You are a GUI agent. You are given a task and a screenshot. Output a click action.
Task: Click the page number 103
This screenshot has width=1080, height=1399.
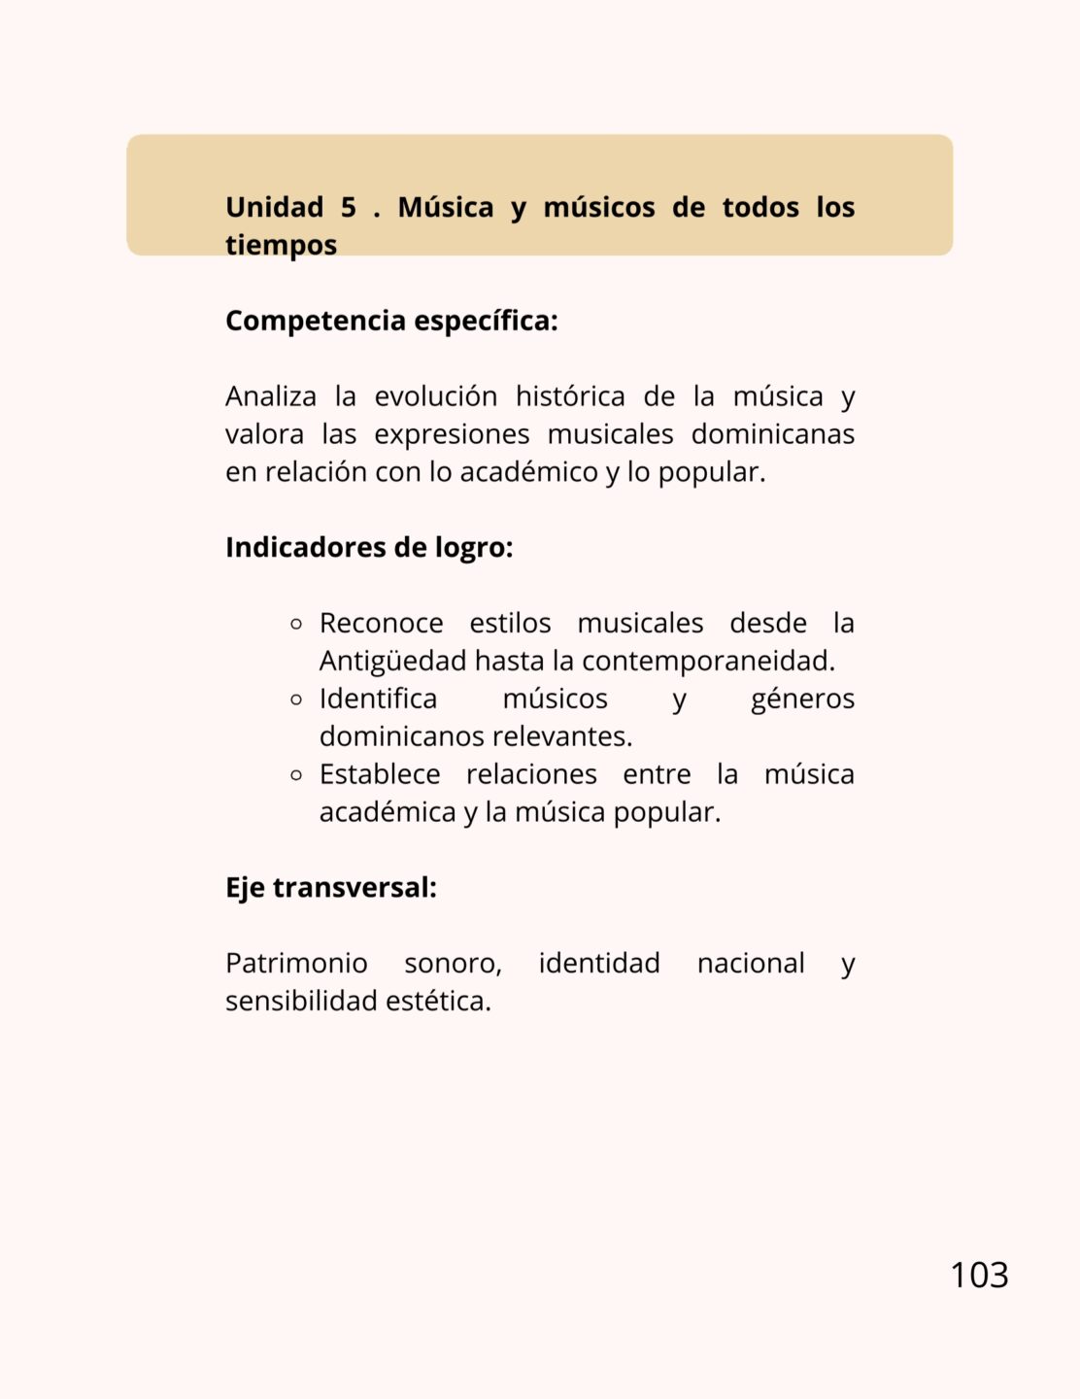979,1275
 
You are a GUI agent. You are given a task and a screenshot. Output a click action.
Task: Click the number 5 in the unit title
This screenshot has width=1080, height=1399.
348,207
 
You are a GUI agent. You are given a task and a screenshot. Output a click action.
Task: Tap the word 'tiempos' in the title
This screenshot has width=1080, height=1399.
281,245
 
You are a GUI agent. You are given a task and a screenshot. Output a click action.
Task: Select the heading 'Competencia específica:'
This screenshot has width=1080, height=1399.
391,321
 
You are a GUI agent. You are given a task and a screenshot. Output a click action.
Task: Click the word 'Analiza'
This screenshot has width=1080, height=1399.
271,396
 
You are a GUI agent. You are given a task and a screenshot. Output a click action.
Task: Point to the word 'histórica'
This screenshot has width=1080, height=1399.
570,396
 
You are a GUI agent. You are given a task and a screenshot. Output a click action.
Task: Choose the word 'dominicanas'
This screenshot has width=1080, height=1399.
772,434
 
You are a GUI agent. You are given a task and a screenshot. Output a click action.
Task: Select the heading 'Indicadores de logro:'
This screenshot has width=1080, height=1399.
369,548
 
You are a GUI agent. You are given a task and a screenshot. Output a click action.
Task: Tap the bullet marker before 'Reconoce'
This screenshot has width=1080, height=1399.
297,624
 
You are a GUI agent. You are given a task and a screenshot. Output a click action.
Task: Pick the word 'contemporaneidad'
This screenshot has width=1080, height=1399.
706,662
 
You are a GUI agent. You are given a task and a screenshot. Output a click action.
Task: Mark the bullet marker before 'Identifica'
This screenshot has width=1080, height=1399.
297,699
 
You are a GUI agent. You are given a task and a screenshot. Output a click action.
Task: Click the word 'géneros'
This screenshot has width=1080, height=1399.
802,699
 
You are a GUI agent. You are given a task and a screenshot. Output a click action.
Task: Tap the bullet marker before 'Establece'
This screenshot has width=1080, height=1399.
297,775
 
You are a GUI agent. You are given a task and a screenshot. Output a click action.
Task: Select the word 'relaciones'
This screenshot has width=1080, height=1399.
531,774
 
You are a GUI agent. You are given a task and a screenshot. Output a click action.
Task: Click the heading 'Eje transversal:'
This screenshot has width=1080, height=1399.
331,888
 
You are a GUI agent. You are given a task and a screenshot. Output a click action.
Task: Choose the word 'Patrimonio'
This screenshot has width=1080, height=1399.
296,964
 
